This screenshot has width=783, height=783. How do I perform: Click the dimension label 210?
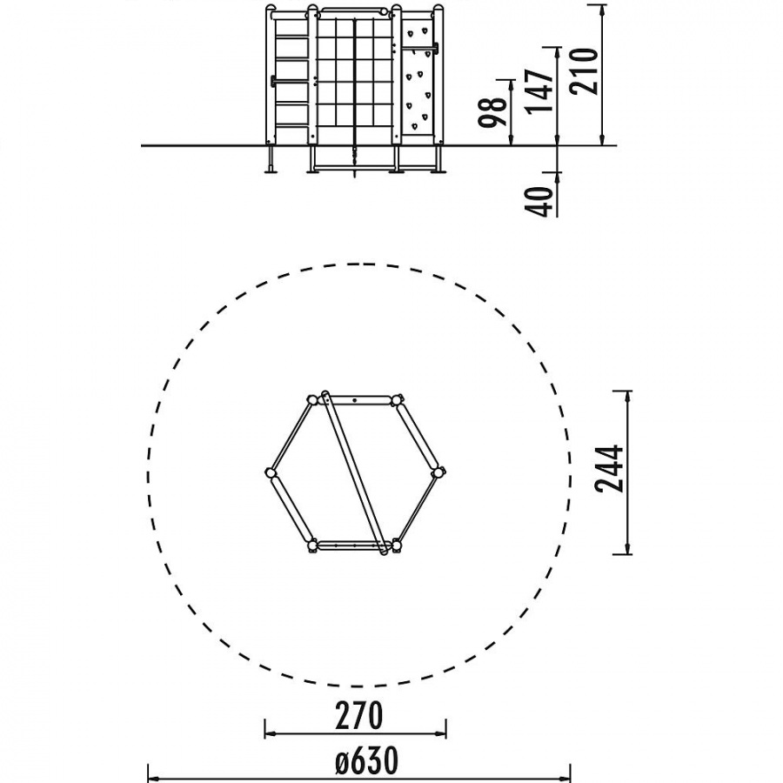[585, 71]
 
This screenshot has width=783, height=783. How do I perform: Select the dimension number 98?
[492, 113]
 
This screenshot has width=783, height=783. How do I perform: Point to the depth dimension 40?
[539, 202]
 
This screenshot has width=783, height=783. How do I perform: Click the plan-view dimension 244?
[610, 469]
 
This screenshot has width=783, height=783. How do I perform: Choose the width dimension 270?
[359, 716]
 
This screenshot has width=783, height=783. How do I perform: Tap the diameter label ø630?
[366, 760]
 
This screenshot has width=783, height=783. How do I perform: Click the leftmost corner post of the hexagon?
[270, 473]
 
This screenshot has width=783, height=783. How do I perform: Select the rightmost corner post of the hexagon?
[438, 472]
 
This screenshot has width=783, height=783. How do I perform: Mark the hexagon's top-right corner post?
[397, 400]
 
